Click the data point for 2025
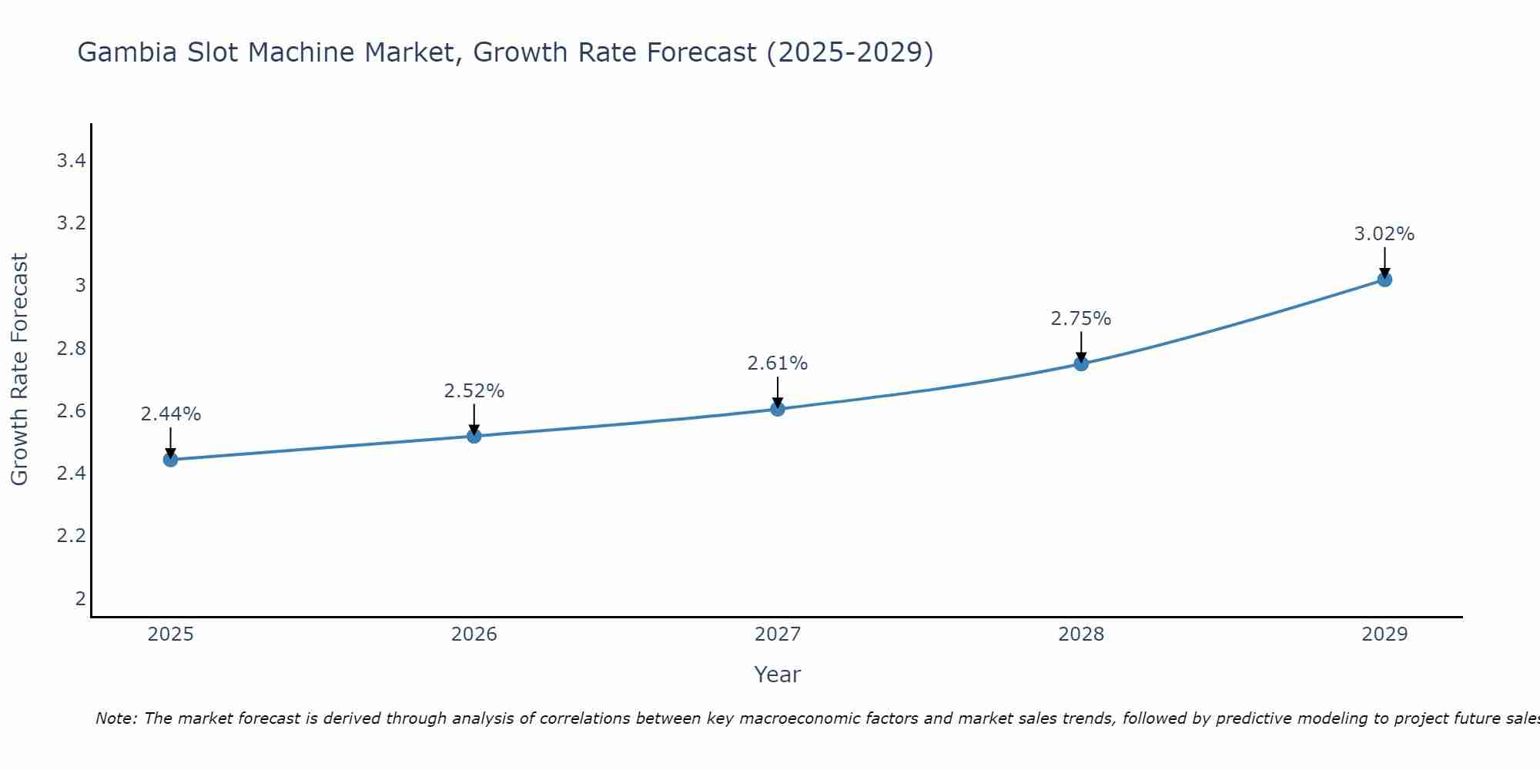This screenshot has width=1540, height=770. point(171,460)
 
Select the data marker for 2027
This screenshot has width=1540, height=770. point(778,409)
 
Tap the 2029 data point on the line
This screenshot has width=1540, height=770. point(1384,280)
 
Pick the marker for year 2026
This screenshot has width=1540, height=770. point(474,437)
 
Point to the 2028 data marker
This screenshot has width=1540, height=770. point(1081,363)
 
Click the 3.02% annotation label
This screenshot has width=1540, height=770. point(1384,234)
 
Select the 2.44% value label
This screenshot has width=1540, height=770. point(171,414)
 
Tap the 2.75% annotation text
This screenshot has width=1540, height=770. point(1081,319)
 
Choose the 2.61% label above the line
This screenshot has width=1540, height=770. point(778,363)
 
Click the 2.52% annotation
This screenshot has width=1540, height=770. point(474,391)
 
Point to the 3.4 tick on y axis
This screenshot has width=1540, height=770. point(71,161)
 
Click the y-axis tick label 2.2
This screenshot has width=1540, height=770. point(71,536)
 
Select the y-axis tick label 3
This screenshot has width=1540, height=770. point(80,286)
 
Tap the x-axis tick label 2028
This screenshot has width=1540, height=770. point(1081,634)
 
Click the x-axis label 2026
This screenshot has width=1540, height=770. point(474,634)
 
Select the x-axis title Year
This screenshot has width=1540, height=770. point(778,675)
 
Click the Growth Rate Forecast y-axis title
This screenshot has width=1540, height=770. point(20,370)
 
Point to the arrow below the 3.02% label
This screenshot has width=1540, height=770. point(1384,262)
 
